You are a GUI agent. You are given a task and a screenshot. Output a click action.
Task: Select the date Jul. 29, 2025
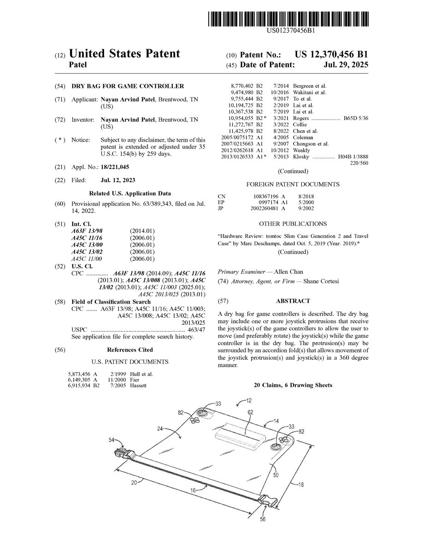pyautogui.click(x=346, y=65)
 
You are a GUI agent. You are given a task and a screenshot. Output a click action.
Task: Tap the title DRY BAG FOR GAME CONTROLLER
pyautogui.click(x=127, y=86)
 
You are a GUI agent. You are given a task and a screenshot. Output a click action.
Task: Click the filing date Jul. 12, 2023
pyautogui.click(x=118, y=180)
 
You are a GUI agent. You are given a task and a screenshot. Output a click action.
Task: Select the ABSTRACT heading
pyautogui.click(x=293, y=301)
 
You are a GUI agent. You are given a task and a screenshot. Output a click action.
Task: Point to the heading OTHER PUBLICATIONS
pyautogui.click(x=293, y=224)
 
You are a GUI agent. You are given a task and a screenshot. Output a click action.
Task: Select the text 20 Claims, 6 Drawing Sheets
pyautogui.click(x=293, y=385)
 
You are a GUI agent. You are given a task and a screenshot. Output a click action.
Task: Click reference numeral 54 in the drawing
pyautogui.click(x=112, y=440)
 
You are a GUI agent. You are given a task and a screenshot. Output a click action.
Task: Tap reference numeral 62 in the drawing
pyautogui.click(x=250, y=413)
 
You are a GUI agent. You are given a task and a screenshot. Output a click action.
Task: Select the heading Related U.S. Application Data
pyautogui.click(x=130, y=194)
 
